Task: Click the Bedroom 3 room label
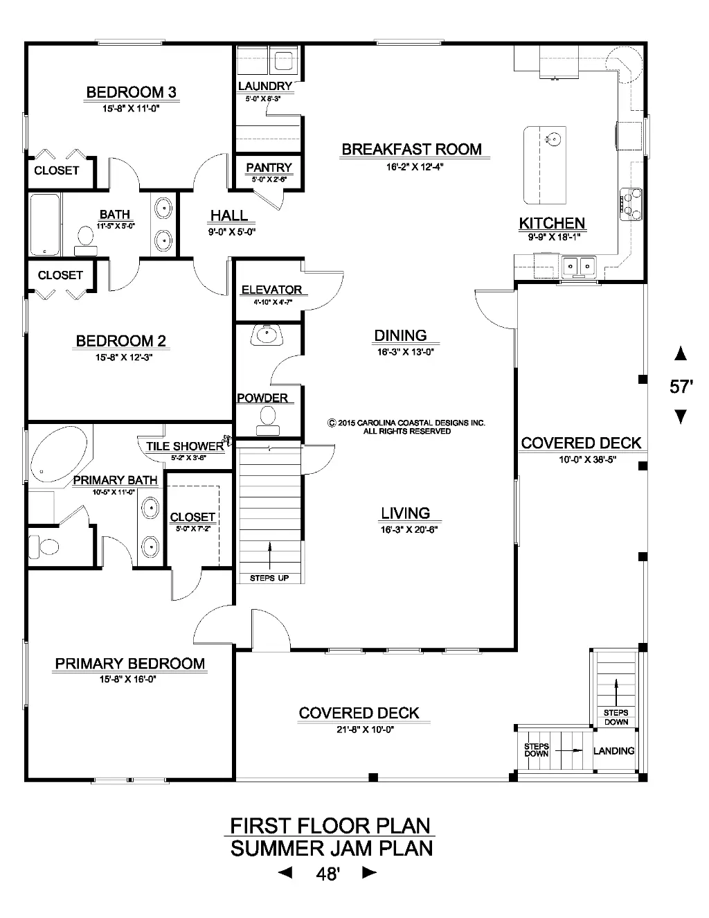click(132, 92)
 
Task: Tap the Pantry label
click(269, 168)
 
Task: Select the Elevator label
click(272, 290)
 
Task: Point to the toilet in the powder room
click(267, 421)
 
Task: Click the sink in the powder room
click(267, 335)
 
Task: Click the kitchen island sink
click(553, 139)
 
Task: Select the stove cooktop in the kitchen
click(631, 204)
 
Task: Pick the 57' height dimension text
click(681, 387)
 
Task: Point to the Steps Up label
click(269, 578)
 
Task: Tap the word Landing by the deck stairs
click(614, 751)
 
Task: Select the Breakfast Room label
click(411, 150)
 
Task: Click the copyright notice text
click(407, 427)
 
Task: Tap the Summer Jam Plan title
click(332, 848)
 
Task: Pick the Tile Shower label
click(185, 446)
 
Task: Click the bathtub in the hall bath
click(45, 224)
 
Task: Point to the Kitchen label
click(552, 223)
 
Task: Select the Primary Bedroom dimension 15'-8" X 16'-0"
click(128, 679)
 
